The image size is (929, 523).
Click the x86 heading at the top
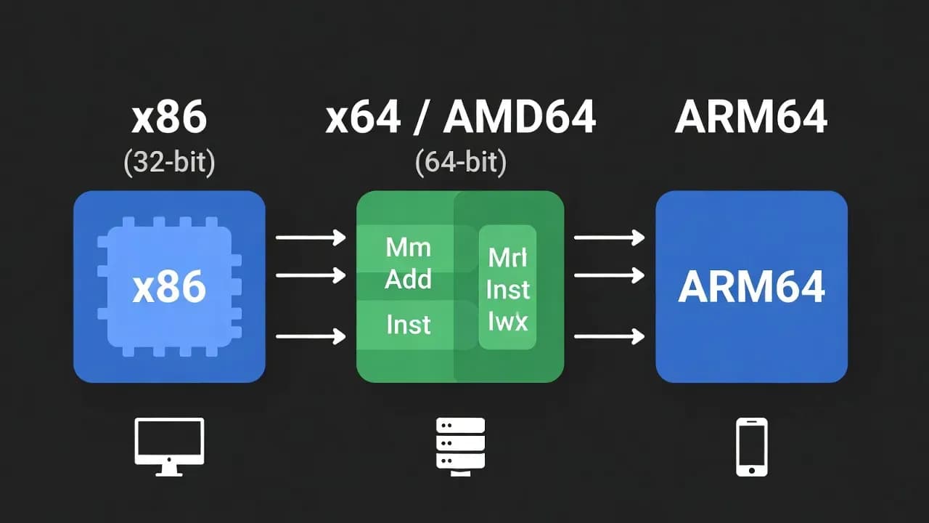pos(169,118)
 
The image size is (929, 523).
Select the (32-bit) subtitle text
pos(169,162)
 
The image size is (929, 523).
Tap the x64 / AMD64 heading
pos(460,118)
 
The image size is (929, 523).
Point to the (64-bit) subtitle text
pos(460,162)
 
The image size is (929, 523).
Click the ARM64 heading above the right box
pos(751,118)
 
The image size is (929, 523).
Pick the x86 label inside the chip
pos(169,288)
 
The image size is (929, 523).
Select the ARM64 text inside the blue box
pos(751,288)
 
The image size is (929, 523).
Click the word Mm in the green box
pos(408,248)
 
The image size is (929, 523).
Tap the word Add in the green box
pos(408,279)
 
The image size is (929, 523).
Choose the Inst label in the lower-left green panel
pos(408,324)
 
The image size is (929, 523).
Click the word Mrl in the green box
pos(508,257)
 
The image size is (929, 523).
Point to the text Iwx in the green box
pos(508,321)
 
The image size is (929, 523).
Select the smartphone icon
pos(751,446)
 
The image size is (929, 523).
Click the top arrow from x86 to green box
pos(311,237)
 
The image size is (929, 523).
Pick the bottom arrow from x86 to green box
pos(311,336)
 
